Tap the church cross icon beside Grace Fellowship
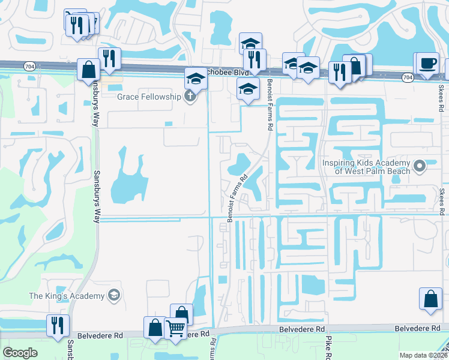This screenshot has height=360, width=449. pyautogui.click(x=191, y=96)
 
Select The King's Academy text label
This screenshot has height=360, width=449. pyautogui.click(x=66, y=295)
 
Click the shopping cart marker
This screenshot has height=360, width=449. pyautogui.click(x=175, y=328)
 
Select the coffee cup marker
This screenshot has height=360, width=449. pyautogui.click(x=428, y=64)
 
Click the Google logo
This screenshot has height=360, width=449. pyautogui.click(x=20, y=353)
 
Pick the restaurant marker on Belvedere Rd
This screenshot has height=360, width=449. pyautogui.click(x=58, y=325)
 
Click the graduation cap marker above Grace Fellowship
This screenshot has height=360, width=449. pyautogui.click(x=196, y=79)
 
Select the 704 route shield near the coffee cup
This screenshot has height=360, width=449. pyautogui.click(x=408, y=77)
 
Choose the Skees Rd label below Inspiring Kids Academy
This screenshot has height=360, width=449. pyautogui.click(x=443, y=202)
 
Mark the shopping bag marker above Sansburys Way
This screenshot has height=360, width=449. pyautogui.click(x=88, y=70)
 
